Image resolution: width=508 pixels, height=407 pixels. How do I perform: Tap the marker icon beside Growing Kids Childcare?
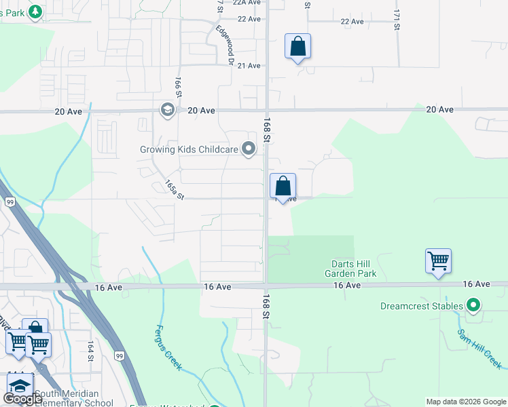pos(249,149)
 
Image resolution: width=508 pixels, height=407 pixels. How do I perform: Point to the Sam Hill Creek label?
pos(479,349)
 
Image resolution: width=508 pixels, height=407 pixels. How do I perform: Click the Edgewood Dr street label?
pos(225,45)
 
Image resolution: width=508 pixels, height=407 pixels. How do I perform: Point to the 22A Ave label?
pos(247,3)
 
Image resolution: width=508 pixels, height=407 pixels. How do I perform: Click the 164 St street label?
pos(90,355)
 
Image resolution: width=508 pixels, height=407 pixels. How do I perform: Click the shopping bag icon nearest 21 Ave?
pos(297,47)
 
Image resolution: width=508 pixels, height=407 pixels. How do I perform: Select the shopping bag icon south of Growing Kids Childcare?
pos(283,186)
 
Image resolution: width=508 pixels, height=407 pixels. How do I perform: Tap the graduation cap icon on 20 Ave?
pos(167,110)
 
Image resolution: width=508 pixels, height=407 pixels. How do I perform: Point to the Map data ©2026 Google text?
pos(465,402)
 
